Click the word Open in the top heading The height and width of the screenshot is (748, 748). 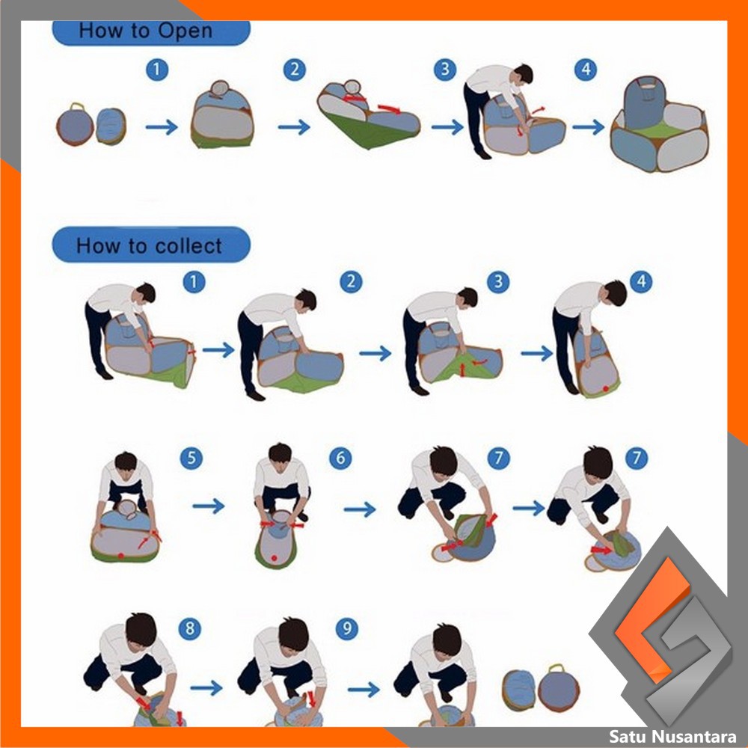tap(185, 31)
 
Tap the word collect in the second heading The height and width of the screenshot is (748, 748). tap(189, 246)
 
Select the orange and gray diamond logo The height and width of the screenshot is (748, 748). tap(660, 628)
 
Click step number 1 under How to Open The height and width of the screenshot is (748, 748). tap(157, 70)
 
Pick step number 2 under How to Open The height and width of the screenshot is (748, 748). tap(294, 70)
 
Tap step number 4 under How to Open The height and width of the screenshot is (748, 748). tap(586, 70)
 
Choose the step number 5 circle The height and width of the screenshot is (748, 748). tap(191, 458)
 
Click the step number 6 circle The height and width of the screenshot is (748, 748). tap(340, 458)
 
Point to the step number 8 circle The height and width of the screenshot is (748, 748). tap(190, 628)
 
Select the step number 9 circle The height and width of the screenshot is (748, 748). tap(347, 628)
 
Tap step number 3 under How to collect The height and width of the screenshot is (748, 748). tap(498, 281)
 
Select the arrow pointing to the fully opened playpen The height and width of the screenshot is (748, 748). tap(588, 127)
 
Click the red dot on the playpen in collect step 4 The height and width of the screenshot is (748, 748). tap(605, 389)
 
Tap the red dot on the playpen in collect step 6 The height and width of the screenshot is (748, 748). tap(274, 558)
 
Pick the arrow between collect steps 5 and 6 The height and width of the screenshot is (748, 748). tap(209, 506)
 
